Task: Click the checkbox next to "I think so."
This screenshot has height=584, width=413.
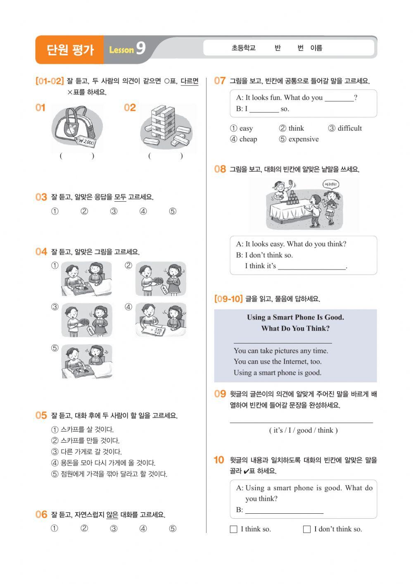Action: [234, 529]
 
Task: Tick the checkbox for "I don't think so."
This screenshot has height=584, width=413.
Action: [307, 529]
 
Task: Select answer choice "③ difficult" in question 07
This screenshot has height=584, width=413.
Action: [345, 128]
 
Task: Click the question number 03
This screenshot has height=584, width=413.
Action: [41, 197]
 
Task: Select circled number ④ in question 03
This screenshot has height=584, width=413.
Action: [143, 211]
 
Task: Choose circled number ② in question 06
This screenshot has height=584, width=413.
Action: [84, 528]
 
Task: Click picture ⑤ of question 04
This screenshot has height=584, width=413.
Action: [87, 361]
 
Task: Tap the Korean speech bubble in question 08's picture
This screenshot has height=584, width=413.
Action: [331, 184]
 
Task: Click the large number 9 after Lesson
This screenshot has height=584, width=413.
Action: [140, 48]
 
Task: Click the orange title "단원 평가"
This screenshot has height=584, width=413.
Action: [70, 50]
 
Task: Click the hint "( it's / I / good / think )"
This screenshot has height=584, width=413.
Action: [303, 430]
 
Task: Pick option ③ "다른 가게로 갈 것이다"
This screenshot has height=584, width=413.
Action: [86, 452]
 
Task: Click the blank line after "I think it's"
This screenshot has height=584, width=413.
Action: [312, 267]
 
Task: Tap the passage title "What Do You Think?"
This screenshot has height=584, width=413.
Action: [295, 329]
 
